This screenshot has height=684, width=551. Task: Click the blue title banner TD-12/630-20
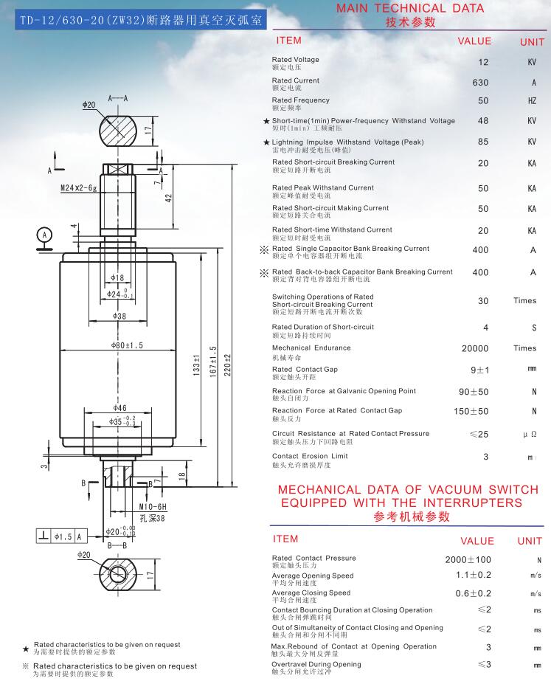(140, 20)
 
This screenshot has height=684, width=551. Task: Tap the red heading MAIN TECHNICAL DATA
(410, 8)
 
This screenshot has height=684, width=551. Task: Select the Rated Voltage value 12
(483, 62)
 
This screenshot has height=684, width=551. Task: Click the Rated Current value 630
(480, 83)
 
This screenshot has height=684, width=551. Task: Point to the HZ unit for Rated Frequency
(532, 101)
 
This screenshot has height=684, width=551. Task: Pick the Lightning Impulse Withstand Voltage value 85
(483, 142)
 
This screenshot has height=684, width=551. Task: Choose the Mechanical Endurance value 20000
(475, 348)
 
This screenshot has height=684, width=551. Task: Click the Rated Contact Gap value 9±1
(480, 370)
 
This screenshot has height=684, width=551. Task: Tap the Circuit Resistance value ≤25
(479, 434)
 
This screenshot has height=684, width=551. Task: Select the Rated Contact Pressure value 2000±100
(468, 560)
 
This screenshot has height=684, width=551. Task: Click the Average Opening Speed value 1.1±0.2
(474, 575)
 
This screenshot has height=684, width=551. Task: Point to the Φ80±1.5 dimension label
(127, 345)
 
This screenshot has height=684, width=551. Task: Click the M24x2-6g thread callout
(78, 188)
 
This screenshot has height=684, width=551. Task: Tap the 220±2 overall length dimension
(227, 365)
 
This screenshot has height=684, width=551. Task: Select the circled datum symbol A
(44, 235)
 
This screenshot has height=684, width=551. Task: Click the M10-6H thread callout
(153, 506)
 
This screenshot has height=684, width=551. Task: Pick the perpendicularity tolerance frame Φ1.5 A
(61, 536)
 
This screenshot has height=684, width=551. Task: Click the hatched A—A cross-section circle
(118, 130)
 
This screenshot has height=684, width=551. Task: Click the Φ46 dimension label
(119, 408)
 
